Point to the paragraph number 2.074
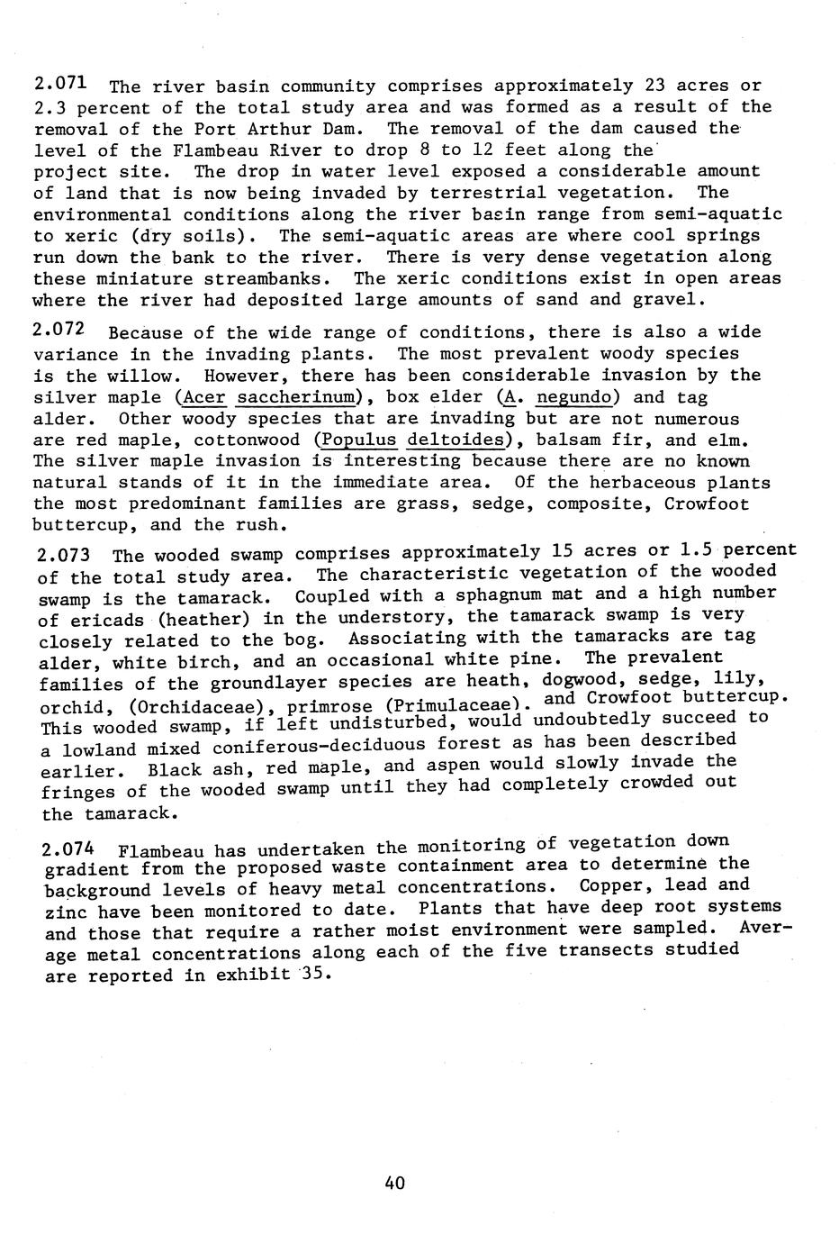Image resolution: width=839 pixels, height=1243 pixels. [x=69, y=849]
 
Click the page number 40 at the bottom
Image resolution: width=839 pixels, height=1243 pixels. [x=394, y=1183]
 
